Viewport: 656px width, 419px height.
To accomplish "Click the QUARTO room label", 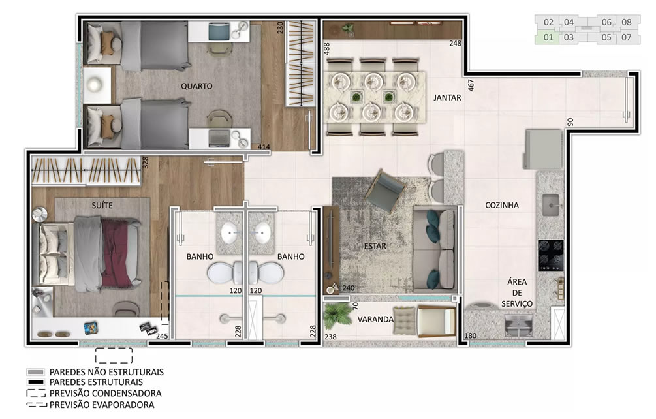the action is coord(196,86).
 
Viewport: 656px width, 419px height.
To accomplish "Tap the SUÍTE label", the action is coord(102,206).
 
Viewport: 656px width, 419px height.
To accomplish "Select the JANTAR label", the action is coord(447,98).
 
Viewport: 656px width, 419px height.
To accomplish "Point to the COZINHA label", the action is coord(501,206).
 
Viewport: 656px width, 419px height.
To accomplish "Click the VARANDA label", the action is coord(375,320).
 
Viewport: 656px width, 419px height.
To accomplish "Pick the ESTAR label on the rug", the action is coord(375,246).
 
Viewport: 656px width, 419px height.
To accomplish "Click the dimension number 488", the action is coord(327,48).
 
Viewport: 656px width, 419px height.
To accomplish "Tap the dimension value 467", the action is coord(471,85).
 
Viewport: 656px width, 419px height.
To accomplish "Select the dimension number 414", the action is coord(264,147).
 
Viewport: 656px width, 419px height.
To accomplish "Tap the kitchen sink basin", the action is coord(553,205).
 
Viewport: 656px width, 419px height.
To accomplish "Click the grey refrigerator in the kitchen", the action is coord(542,149).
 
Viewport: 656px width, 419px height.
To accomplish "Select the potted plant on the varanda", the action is coord(338,315).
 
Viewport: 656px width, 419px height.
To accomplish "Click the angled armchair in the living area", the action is coord(385,191).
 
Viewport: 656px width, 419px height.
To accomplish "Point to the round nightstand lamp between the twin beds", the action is coord(95,84).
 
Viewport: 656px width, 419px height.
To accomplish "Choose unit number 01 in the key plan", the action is coord(548,37).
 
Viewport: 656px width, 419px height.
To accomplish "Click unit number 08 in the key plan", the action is coord(626,22).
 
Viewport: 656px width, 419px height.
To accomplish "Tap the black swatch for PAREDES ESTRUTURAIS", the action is coord(35,382).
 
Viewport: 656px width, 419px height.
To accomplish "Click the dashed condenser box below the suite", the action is coord(114,356).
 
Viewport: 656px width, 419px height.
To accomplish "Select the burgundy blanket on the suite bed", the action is coord(117,255).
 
